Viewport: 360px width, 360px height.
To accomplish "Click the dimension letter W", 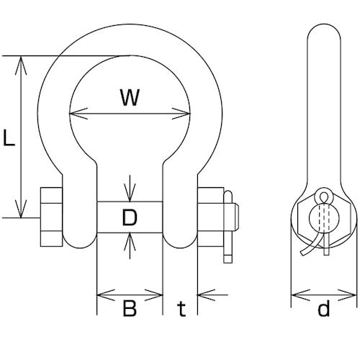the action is point(130,97).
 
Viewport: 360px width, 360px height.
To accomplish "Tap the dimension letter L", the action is point(9,138).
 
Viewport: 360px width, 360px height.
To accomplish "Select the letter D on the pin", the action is point(130,217).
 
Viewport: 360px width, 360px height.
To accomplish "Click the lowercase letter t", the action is point(181,309).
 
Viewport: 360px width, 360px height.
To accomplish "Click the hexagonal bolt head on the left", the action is point(51,217).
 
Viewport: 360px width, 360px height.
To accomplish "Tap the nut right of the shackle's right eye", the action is point(210,217).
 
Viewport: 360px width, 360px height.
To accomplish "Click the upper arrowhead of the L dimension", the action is point(21,66).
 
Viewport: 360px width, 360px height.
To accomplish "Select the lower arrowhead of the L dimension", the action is point(21,208).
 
